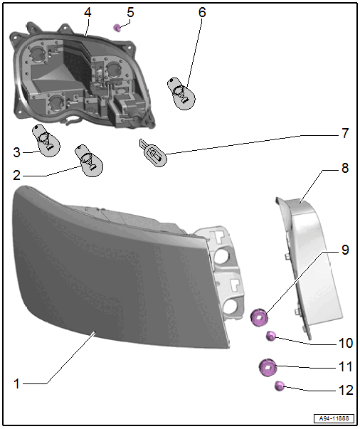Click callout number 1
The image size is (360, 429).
coord(16,384)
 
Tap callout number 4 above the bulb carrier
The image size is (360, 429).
coord(88,12)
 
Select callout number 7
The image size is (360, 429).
coord(345,133)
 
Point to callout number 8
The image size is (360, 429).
coord(345,168)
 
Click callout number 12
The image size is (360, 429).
coord(346,390)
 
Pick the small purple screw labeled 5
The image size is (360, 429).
coord(117,28)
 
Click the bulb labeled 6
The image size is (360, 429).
coord(181,94)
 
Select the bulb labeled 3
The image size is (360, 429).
coord(46,141)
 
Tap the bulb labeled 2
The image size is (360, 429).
coord(90,161)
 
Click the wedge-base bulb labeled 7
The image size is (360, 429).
coord(154,153)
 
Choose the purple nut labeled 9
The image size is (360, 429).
coord(260,317)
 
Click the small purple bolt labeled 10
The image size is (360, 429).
coord(271,336)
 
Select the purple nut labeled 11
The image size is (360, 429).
coord(268,367)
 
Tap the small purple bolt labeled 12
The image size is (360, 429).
coord(280,386)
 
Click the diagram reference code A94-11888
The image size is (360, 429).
coord(334,418)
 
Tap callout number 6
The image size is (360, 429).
coord(202,12)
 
